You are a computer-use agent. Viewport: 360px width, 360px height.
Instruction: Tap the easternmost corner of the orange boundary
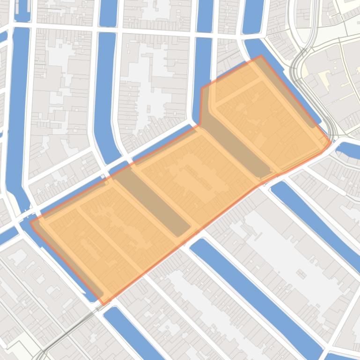[331, 141]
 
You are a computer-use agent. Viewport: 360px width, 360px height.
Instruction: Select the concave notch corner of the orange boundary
[200, 125]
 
